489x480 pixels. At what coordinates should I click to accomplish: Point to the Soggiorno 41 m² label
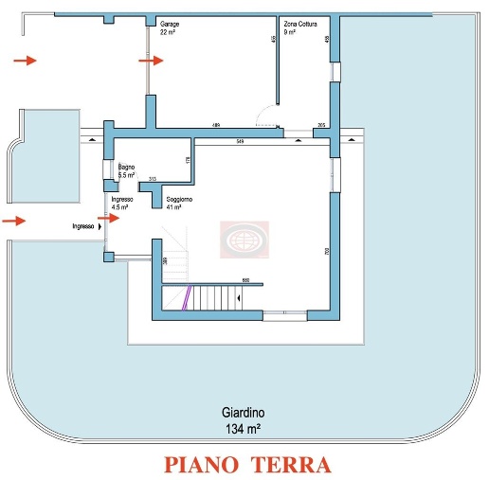[180, 203]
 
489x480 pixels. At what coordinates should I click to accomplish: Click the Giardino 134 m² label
[243, 419]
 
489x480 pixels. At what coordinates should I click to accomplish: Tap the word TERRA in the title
[297, 465]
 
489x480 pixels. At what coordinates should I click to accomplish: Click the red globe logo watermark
[244, 240]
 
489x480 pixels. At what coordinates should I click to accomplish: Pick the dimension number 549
[241, 141]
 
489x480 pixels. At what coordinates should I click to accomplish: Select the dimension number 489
[216, 126]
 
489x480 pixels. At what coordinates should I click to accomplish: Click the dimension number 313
[152, 178]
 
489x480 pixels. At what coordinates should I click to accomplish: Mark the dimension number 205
[321, 126]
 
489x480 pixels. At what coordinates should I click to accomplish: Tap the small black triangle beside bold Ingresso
[100, 226]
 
